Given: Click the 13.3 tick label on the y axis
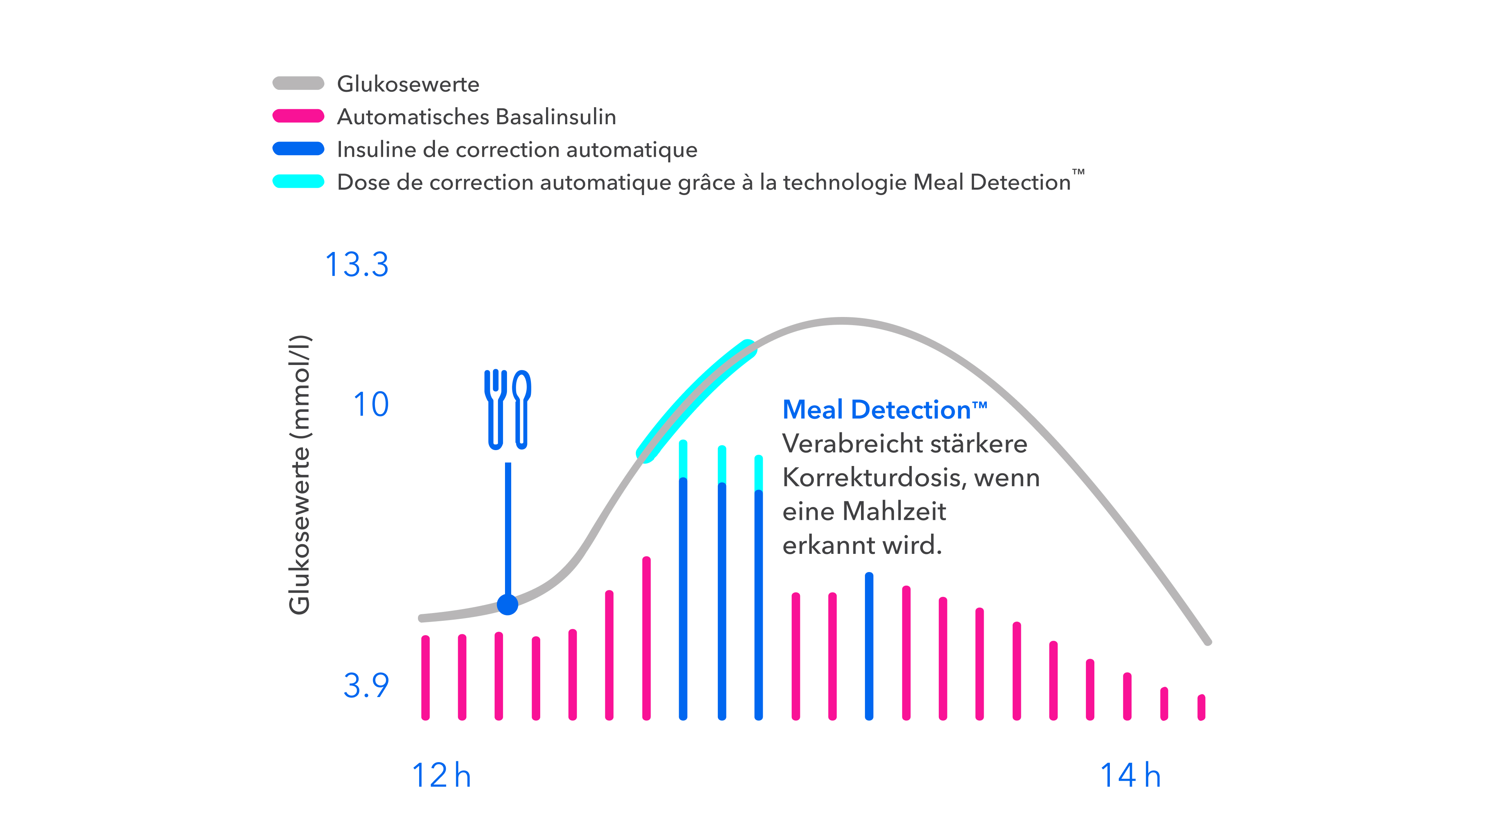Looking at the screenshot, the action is click(357, 265).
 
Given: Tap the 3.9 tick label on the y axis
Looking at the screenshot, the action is click(366, 685).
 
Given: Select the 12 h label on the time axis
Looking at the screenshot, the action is click(441, 775).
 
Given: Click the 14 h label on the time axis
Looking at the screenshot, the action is click(1131, 775).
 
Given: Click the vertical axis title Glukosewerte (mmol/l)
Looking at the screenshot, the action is click(300, 474).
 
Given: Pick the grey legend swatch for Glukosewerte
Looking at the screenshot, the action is click(298, 83).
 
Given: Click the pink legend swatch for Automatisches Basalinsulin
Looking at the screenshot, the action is click(298, 116).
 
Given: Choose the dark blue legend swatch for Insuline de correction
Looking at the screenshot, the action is click(298, 149).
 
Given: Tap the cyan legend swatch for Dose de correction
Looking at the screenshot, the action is click(298, 181).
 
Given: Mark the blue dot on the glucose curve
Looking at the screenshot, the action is click(508, 605).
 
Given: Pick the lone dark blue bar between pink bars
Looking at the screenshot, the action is click(869, 646).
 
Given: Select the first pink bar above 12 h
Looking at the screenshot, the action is click(426, 678).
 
